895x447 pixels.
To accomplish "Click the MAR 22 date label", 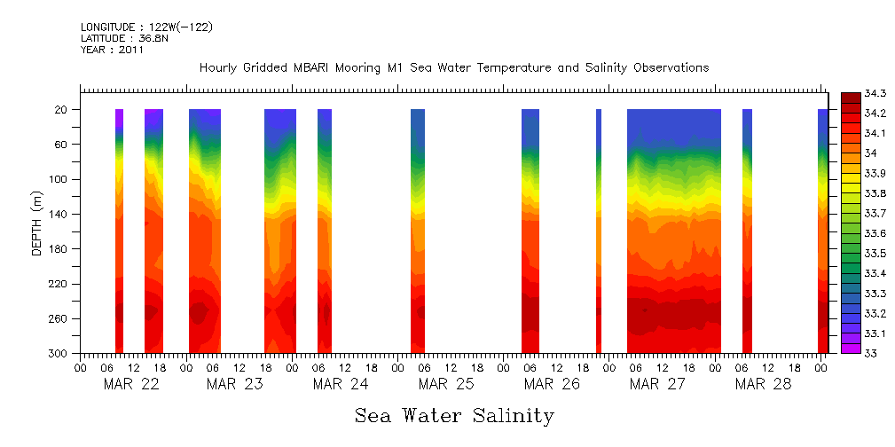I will [x=131, y=384].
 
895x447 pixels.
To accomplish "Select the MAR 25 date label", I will [x=446, y=384].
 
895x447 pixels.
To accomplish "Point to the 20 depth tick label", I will [x=61, y=110].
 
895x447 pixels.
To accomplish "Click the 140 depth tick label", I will [x=58, y=215].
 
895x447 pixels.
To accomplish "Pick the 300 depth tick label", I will [x=58, y=354].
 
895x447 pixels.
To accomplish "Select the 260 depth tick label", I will [x=58, y=319].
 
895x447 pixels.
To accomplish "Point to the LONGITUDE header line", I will [x=146, y=27].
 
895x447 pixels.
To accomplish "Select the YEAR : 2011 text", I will [x=112, y=51].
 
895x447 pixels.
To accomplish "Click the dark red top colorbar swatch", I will [x=850, y=97].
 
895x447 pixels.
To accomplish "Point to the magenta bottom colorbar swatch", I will [x=850, y=349].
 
